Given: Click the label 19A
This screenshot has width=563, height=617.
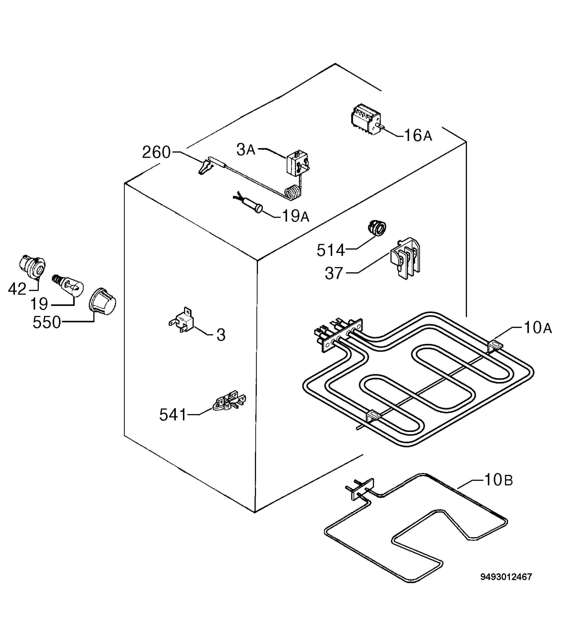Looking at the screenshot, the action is pyautogui.click(x=295, y=216).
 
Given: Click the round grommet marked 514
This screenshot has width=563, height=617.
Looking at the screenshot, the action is pyautogui.click(x=376, y=228).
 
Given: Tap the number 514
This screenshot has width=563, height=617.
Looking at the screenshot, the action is pyautogui.click(x=331, y=250).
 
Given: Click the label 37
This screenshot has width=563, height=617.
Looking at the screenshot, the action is pyautogui.click(x=334, y=273).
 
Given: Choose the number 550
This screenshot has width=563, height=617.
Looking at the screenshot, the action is pyautogui.click(x=47, y=322).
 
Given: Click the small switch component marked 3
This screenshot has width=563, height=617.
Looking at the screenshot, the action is pyautogui.click(x=181, y=320).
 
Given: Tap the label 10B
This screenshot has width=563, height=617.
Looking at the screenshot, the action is pyautogui.click(x=499, y=488).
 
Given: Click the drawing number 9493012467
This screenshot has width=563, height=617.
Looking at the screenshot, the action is pyautogui.click(x=506, y=577).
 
